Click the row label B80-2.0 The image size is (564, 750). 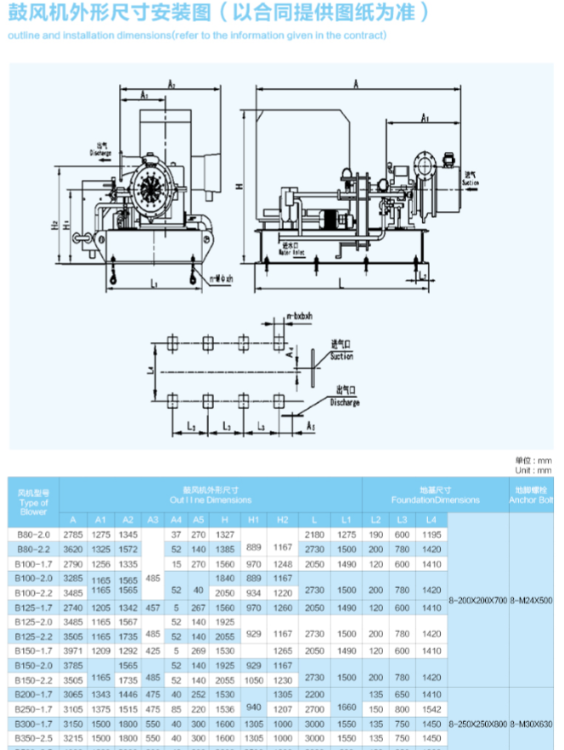pos(34,535)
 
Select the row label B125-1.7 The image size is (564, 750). pos(34,607)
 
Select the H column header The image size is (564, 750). pos(225,519)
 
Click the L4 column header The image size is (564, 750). pos(431,519)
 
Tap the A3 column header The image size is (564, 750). pos(153,519)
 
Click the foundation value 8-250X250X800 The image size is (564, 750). pos(477,724)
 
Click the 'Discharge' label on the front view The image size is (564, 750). pos(101,153)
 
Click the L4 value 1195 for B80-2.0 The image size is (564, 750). pos(431,535)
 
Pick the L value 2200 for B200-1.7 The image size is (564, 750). pos(314,694)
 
